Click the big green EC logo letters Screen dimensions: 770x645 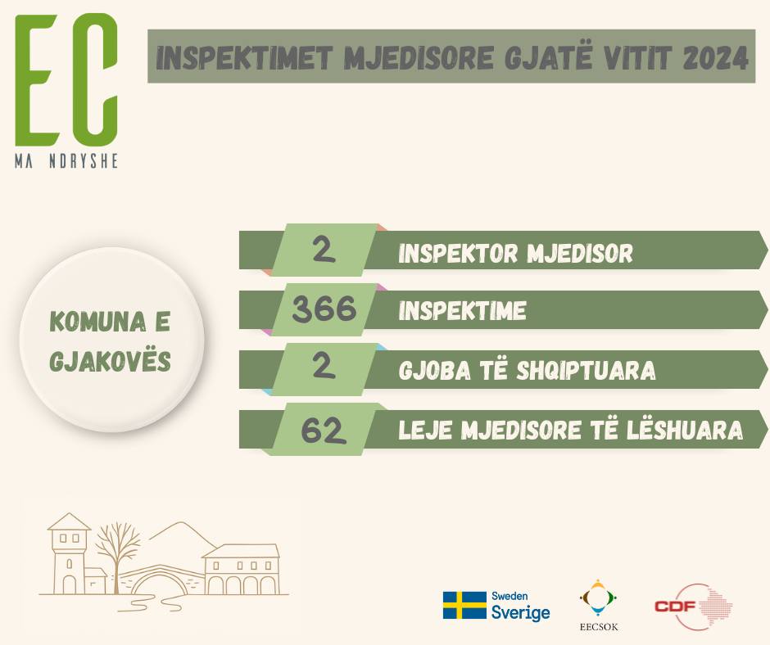(x=66, y=80)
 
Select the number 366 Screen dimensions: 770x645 (x=324, y=309)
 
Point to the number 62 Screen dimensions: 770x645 (x=324, y=431)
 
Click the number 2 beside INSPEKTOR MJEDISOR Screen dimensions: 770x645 (x=324, y=250)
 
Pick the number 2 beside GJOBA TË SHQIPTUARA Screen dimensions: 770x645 (x=324, y=366)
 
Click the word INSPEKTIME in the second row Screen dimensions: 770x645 (x=462, y=311)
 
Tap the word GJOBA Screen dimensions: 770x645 (x=435, y=371)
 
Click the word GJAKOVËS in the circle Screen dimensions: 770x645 (x=110, y=360)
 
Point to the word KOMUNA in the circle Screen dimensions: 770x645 (x=97, y=322)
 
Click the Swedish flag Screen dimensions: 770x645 (x=464, y=605)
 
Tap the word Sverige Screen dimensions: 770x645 (x=520, y=612)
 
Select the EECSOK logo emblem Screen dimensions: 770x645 (x=598, y=598)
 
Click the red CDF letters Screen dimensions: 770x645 (x=676, y=607)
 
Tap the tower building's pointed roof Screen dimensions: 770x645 (x=70, y=521)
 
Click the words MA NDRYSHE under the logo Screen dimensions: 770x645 (x=66, y=161)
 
